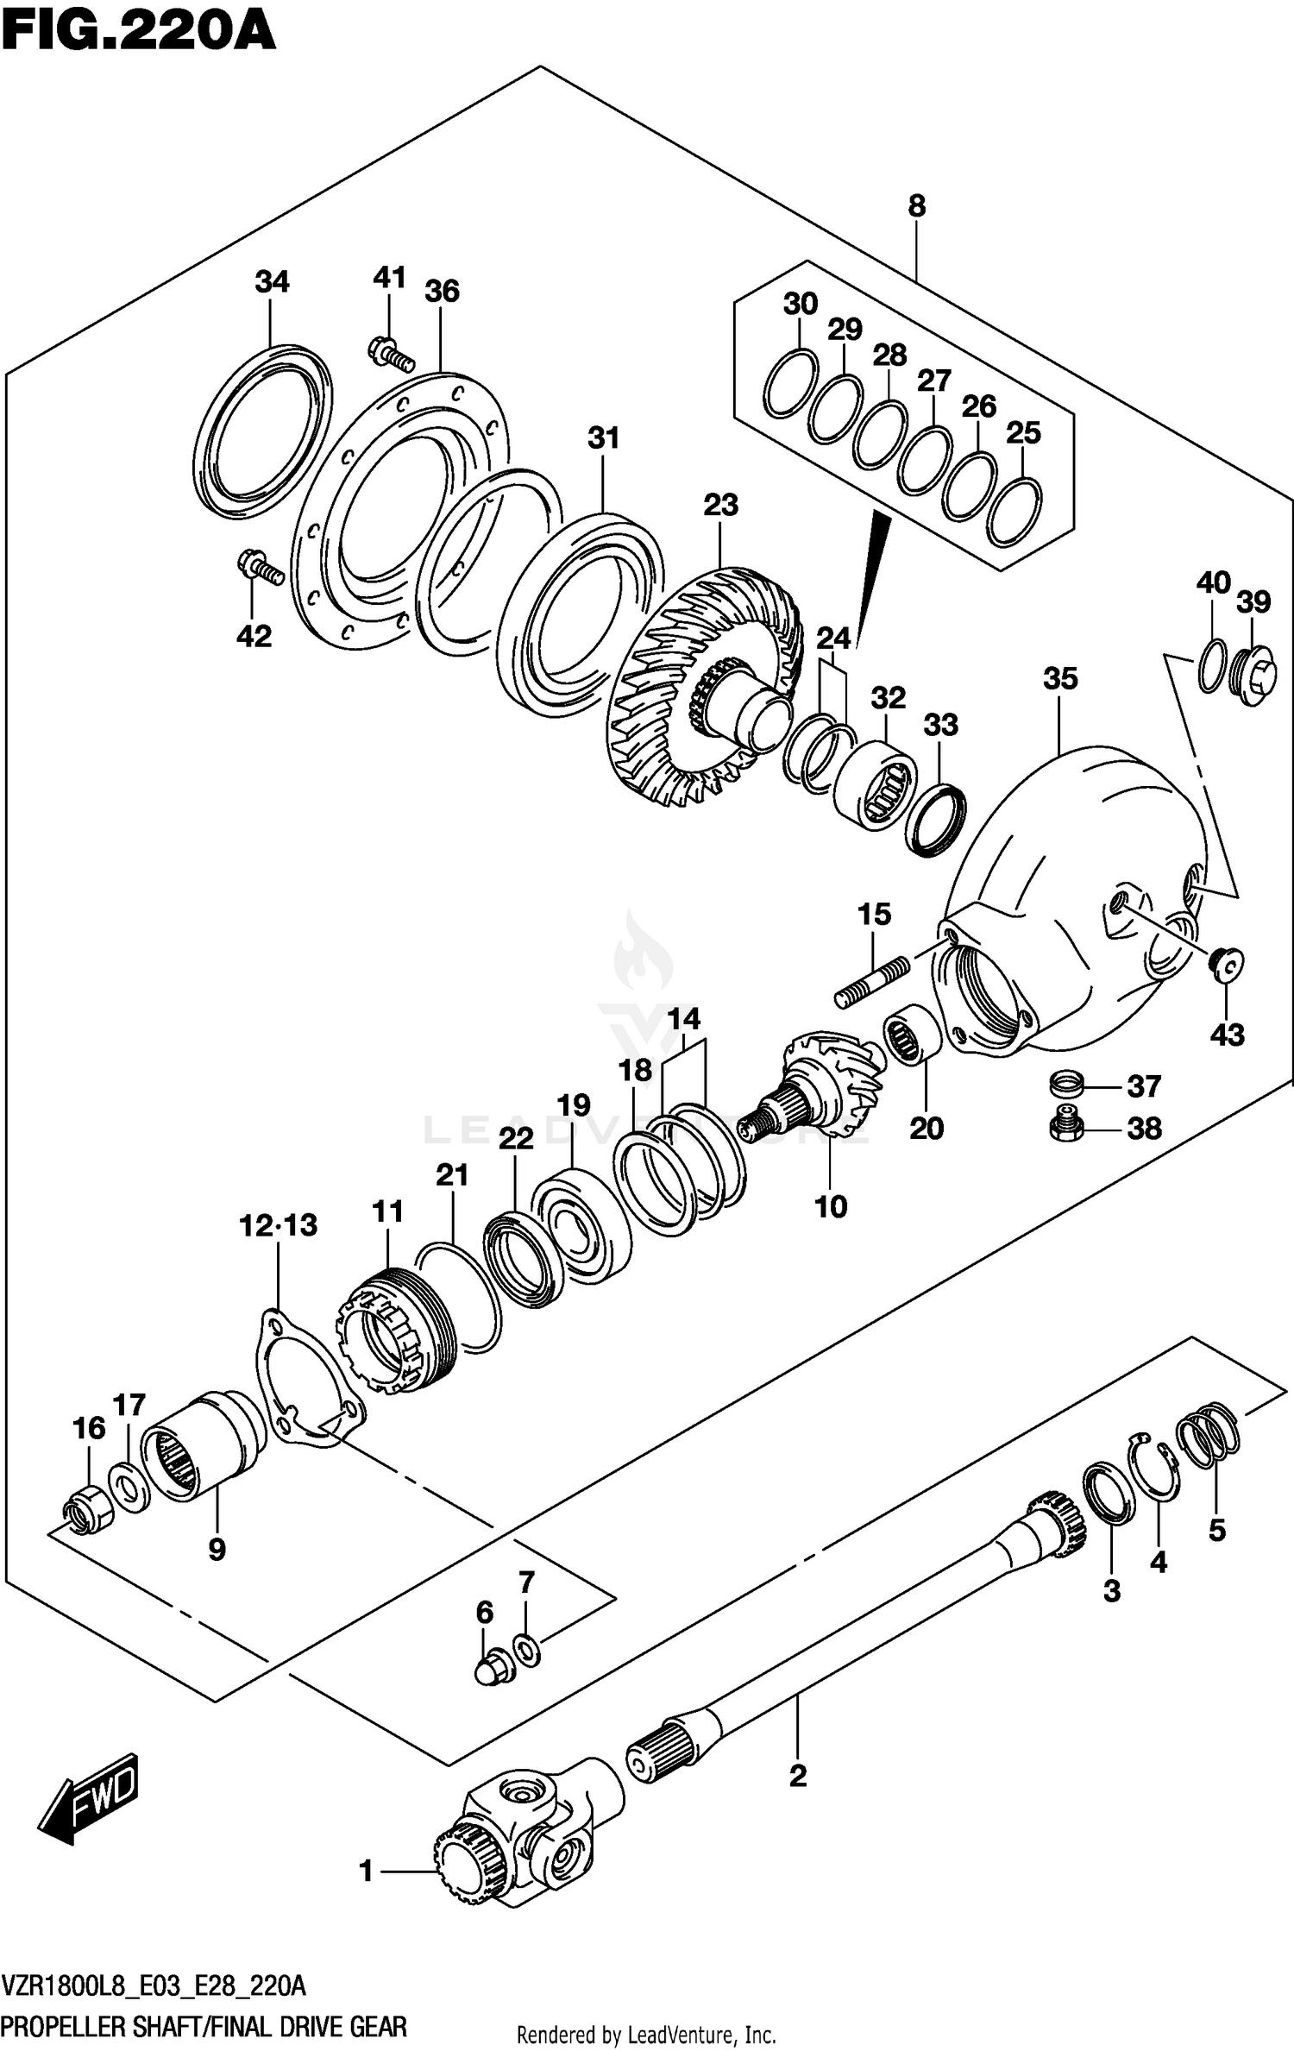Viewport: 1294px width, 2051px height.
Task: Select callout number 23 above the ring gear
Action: [x=720, y=505]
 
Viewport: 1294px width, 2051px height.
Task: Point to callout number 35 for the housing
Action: [x=1060, y=678]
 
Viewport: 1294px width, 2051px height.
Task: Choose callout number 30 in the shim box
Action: [x=800, y=304]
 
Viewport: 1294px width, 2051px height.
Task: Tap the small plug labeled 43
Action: [x=1225, y=963]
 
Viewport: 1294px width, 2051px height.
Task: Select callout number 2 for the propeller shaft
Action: [x=797, y=1776]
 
